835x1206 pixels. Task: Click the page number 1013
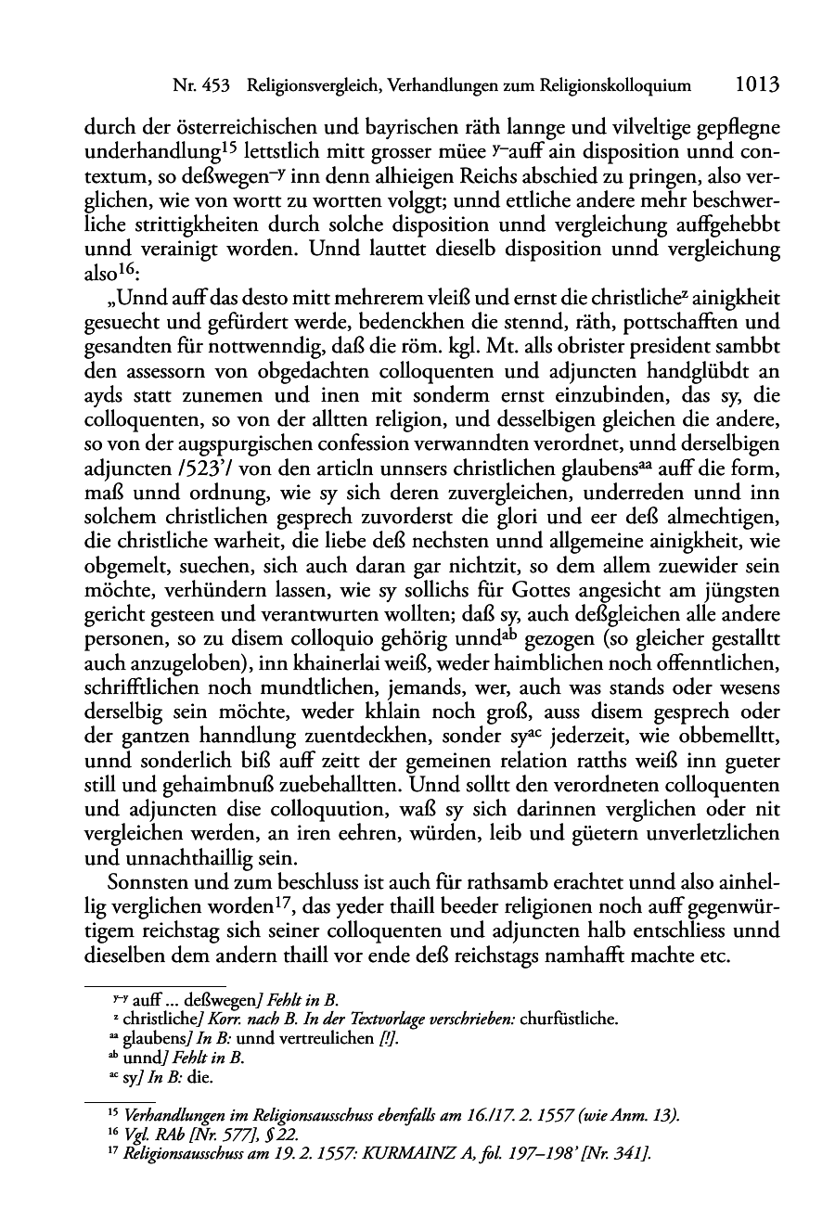[756, 85]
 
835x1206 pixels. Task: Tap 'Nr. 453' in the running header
[201, 86]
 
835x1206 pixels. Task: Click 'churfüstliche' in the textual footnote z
[570, 1020]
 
